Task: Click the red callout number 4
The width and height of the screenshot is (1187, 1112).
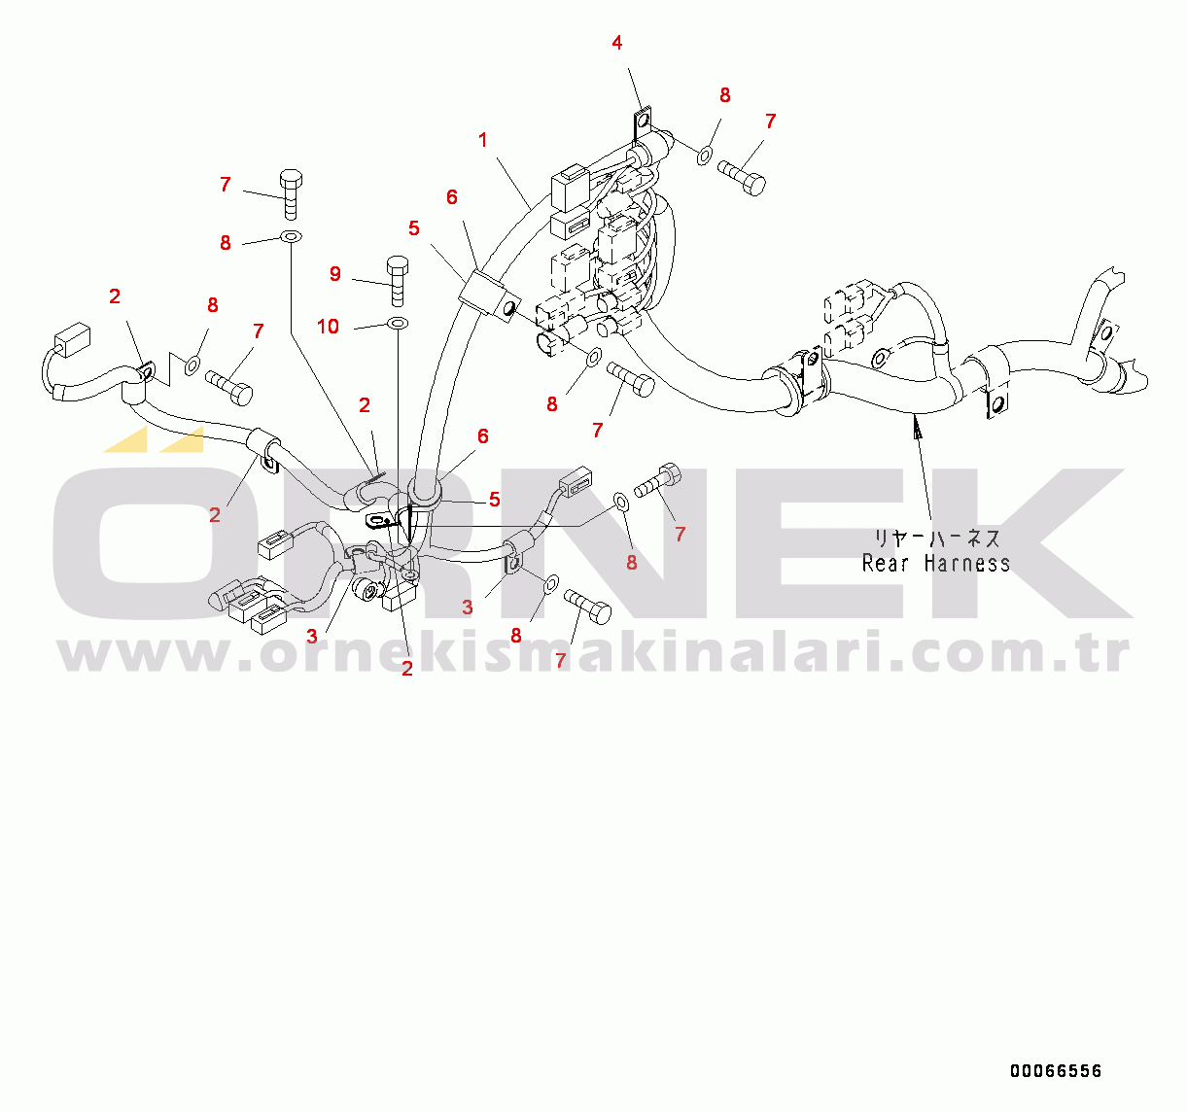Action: pos(616,43)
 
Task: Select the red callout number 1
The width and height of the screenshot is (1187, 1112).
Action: pos(483,141)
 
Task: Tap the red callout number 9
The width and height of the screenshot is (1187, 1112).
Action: pos(335,274)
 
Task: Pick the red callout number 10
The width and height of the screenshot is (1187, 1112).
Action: pos(328,327)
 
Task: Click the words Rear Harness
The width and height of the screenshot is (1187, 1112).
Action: pos(935,563)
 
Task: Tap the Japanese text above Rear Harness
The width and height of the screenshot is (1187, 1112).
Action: pos(936,539)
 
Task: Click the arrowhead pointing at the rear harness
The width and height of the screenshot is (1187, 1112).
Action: pos(917,428)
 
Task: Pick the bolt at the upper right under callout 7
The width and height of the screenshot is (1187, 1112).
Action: pos(742,177)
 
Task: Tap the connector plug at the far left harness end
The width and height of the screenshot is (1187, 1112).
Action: pos(72,339)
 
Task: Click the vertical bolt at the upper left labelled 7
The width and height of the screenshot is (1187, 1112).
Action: pos(291,195)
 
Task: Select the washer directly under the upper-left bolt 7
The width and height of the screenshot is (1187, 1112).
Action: pos(291,237)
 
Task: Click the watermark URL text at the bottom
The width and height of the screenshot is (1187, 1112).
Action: pos(593,653)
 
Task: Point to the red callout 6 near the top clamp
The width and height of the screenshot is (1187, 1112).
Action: pos(452,197)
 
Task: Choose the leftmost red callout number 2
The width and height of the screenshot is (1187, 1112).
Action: pos(115,295)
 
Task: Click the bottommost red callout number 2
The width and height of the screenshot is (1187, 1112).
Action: pos(407,669)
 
